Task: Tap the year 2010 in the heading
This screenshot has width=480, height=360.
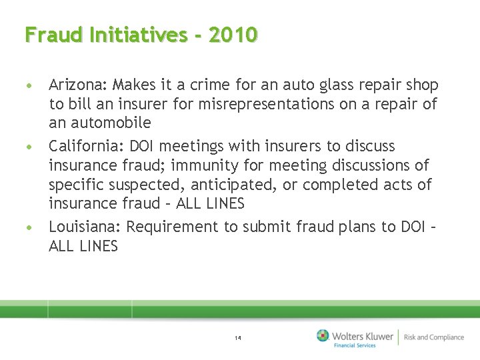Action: click(233, 34)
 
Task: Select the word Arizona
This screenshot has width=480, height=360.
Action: click(77, 85)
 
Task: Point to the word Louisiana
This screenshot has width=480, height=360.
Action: click(84, 227)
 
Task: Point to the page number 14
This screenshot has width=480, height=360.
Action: click(238, 338)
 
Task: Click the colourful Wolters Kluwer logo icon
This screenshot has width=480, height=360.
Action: click(323, 335)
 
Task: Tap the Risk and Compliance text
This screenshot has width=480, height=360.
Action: click(434, 337)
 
